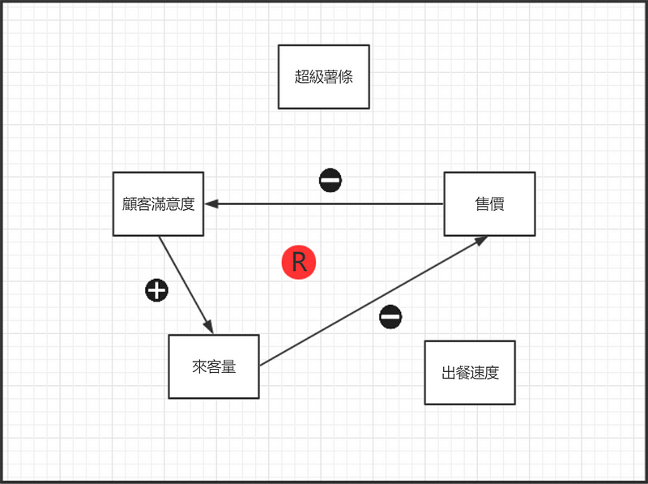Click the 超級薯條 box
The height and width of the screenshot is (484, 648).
click(323, 76)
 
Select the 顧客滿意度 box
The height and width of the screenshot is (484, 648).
click(158, 203)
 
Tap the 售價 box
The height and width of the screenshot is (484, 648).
click(489, 203)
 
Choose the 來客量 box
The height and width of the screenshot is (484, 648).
click(213, 366)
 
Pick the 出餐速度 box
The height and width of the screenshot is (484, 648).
click(470, 372)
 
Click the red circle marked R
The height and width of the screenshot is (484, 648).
click(298, 263)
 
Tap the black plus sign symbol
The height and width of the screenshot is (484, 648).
click(156, 290)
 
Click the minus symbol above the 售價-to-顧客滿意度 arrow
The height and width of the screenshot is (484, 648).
click(330, 180)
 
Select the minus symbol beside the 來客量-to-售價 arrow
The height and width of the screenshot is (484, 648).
click(390, 317)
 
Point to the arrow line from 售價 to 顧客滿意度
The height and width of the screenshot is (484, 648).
click(324, 203)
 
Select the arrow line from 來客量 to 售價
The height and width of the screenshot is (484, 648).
click(373, 301)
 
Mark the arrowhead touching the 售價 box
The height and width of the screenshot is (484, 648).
click(481, 241)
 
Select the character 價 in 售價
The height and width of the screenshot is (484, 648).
click(497, 204)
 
